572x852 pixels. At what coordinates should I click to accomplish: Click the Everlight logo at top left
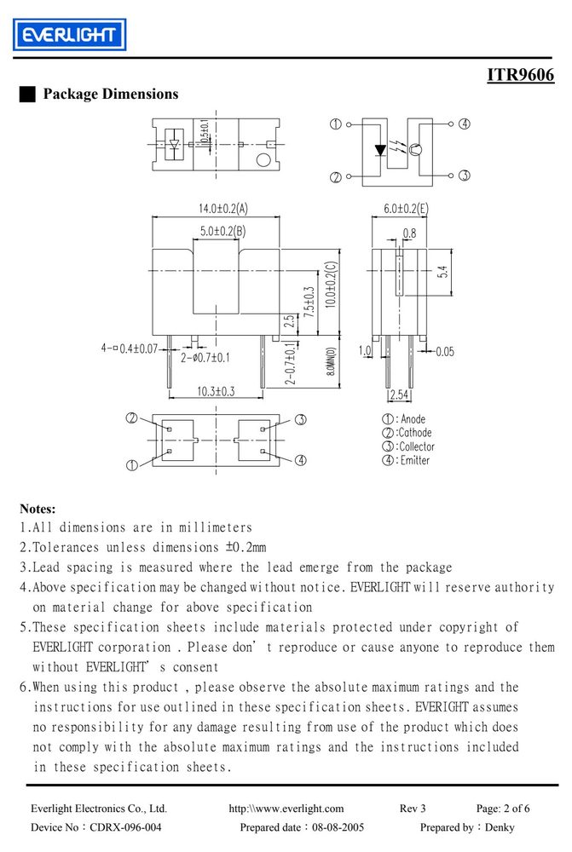[x=70, y=35]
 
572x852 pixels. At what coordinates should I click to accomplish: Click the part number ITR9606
[x=520, y=74]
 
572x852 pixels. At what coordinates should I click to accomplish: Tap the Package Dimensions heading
[x=111, y=94]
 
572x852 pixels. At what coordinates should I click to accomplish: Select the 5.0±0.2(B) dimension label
[x=223, y=231]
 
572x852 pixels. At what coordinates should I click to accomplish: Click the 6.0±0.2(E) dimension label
[x=406, y=208]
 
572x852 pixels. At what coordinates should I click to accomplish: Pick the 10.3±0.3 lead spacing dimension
[x=216, y=391]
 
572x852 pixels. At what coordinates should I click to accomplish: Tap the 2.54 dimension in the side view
[x=400, y=394]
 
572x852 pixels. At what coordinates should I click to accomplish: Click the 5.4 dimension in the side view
[x=443, y=272]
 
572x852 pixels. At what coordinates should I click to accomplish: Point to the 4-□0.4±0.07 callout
[x=130, y=348]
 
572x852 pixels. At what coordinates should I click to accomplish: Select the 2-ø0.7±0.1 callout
[x=205, y=358]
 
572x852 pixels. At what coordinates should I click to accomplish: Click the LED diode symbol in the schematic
[x=380, y=149]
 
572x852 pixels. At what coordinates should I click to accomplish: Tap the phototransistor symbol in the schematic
[x=415, y=149]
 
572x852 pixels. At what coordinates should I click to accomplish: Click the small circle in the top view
[x=263, y=160]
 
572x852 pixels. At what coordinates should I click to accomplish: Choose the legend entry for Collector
[x=408, y=446]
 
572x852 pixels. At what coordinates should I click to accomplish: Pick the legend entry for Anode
[x=404, y=419]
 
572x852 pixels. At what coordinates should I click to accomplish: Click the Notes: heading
[x=38, y=509]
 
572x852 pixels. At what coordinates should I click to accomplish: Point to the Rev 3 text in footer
[x=413, y=809]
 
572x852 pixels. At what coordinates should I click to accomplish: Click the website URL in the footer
[x=286, y=809]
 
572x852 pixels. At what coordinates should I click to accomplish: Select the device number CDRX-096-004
[x=125, y=827]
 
